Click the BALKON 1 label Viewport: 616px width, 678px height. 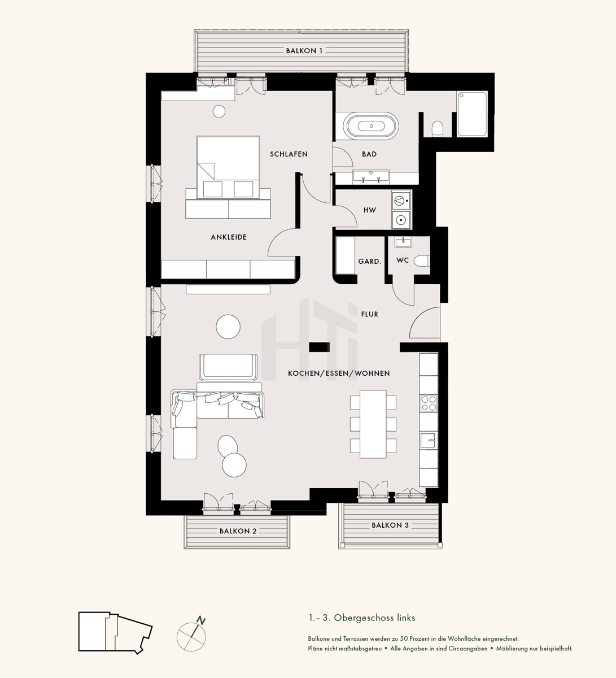point(304,51)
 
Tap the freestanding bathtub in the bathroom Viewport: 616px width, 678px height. point(371,126)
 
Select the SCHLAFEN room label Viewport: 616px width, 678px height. point(289,154)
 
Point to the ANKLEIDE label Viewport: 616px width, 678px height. point(229,237)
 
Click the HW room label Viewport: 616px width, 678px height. point(370,210)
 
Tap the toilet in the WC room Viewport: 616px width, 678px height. point(422,260)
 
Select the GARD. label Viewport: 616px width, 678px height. point(370,261)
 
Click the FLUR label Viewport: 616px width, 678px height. point(370,314)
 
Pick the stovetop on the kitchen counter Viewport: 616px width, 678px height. point(429,403)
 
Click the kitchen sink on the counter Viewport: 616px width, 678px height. point(429,440)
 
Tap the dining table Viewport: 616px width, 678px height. point(373,424)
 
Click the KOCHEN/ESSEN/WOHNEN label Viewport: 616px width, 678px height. point(339,373)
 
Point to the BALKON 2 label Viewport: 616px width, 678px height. point(238,531)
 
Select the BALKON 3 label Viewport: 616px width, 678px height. point(390,525)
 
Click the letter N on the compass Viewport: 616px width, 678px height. point(202,620)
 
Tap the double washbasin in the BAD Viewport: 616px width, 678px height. point(371,176)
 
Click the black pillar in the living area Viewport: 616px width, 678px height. point(320,347)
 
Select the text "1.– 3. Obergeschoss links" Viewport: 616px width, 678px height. point(362,618)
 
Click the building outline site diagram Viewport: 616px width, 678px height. point(115,632)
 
